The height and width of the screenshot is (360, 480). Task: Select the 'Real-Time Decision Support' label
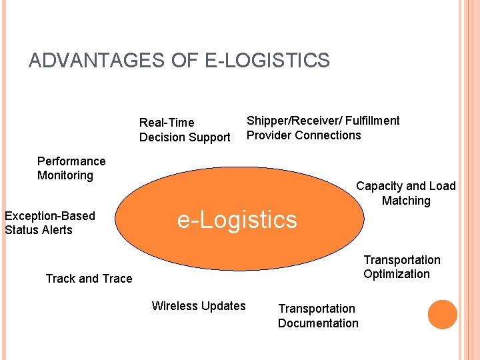click(x=185, y=130)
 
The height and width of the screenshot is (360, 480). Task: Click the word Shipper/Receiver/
click(x=293, y=121)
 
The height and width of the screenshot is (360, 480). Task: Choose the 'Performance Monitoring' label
click(x=71, y=169)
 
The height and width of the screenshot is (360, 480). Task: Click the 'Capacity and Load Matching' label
click(x=406, y=193)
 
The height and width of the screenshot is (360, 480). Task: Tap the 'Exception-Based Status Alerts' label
click(x=50, y=223)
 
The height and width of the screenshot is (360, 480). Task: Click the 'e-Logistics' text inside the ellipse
click(x=237, y=219)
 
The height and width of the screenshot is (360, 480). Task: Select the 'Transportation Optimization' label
click(x=401, y=267)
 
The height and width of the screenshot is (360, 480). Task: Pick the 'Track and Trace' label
click(x=89, y=279)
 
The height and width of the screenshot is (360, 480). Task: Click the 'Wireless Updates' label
click(x=199, y=306)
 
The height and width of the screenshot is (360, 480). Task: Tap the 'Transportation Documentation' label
click(x=318, y=316)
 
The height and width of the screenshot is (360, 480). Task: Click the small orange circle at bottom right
click(x=442, y=315)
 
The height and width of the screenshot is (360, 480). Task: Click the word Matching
click(x=406, y=201)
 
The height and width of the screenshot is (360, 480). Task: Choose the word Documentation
click(x=318, y=323)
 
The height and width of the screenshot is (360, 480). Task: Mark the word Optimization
click(x=397, y=274)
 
